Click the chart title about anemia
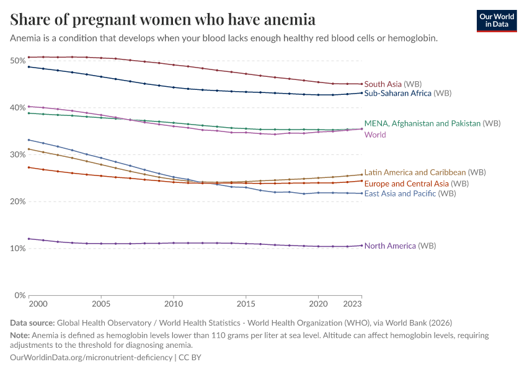[162, 20]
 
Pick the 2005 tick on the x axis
[101, 305]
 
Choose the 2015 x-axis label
[246, 305]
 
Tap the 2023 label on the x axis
[352, 305]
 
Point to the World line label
[375, 135]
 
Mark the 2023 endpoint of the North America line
[362, 246]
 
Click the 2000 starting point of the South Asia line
[29, 57]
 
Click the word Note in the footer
[19, 335]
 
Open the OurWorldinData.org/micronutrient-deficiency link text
[91, 358]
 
